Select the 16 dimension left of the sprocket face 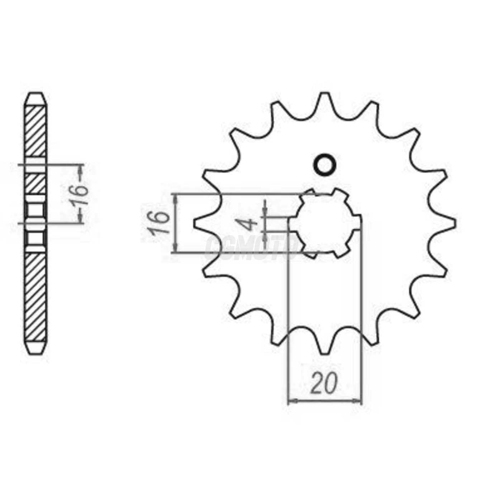(x=158, y=223)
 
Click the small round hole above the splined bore (x=325, y=165)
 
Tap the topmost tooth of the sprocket (x=325, y=99)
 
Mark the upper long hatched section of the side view (x=36, y=131)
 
